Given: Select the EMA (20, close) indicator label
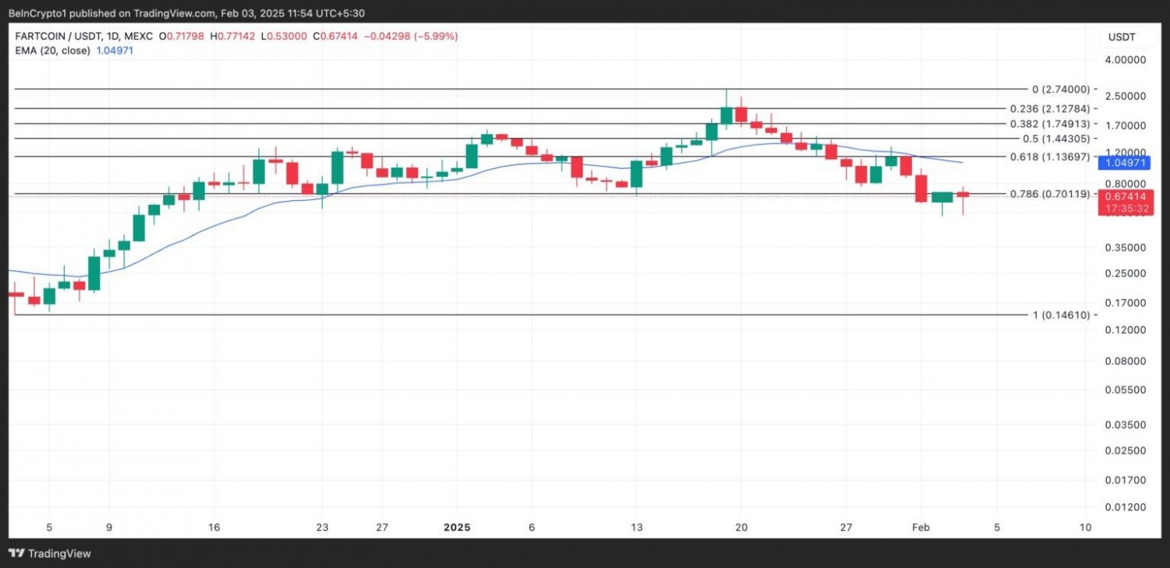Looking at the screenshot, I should (51, 50).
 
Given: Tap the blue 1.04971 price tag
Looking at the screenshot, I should (1124, 163).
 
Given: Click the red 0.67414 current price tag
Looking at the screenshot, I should (1124, 197).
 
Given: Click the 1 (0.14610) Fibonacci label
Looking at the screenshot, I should (1065, 315).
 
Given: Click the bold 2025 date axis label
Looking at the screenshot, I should (456, 527).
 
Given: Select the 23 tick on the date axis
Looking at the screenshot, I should (322, 527).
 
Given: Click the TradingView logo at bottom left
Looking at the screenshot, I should (50, 553).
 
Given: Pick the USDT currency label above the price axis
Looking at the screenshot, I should (1123, 37).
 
